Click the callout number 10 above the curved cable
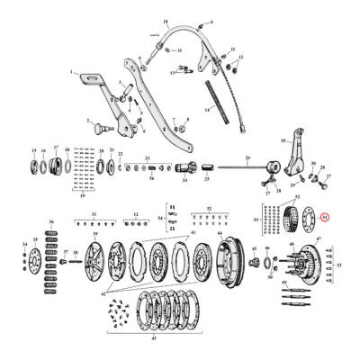point(165,19)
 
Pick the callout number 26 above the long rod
point(246,157)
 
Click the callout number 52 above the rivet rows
point(209,209)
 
